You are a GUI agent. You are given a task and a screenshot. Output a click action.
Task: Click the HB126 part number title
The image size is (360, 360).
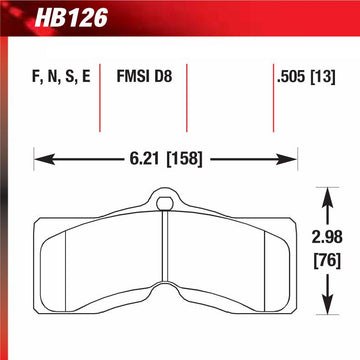[71, 18]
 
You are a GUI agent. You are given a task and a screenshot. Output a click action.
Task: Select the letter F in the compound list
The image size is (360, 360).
[35, 77]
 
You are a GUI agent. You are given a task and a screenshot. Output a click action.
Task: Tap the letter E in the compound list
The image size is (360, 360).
[86, 77]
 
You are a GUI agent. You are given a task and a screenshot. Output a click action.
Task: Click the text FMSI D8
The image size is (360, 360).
[144, 77]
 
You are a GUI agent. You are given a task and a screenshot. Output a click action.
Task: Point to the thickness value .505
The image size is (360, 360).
[291, 77]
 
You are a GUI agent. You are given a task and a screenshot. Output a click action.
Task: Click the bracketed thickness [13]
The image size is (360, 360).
[323, 77]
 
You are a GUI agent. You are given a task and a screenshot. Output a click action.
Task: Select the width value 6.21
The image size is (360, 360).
[145, 159]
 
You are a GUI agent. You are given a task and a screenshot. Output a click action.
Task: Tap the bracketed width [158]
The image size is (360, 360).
[184, 159]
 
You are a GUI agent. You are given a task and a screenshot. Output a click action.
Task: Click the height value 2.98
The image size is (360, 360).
[327, 237]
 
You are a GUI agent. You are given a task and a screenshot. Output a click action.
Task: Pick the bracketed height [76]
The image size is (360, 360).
[328, 261]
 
